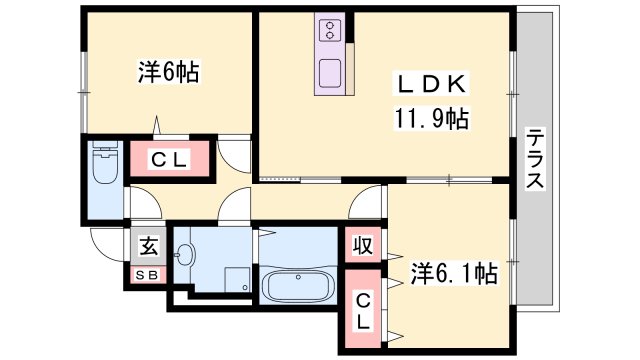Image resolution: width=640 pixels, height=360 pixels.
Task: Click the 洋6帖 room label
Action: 167,72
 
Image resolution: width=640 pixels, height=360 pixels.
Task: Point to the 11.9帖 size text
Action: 430,118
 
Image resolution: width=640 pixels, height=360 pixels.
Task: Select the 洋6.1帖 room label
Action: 454,272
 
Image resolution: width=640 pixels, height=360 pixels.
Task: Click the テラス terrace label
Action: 535,160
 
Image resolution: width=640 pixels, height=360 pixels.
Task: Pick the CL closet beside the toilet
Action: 171,159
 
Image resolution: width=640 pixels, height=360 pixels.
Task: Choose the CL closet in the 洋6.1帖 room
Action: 363,312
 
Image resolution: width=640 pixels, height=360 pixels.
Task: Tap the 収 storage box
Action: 361,244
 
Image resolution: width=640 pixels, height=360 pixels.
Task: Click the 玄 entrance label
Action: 146,243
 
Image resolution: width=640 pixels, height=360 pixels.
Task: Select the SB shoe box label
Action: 146,275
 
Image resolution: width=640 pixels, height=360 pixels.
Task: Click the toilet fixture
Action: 104,163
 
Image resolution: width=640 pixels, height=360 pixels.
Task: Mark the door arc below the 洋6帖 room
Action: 233,152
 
